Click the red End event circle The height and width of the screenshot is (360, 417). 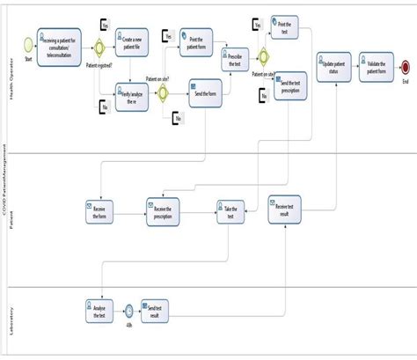point(405,67)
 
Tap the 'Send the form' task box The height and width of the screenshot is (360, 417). point(206,93)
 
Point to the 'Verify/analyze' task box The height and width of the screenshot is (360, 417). point(131,95)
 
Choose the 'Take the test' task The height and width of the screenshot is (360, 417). point(229,211)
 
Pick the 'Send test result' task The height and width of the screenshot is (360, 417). point(156,310)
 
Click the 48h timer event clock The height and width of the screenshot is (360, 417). point(128,311)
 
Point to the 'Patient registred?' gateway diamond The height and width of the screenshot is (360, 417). point(99,44)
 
